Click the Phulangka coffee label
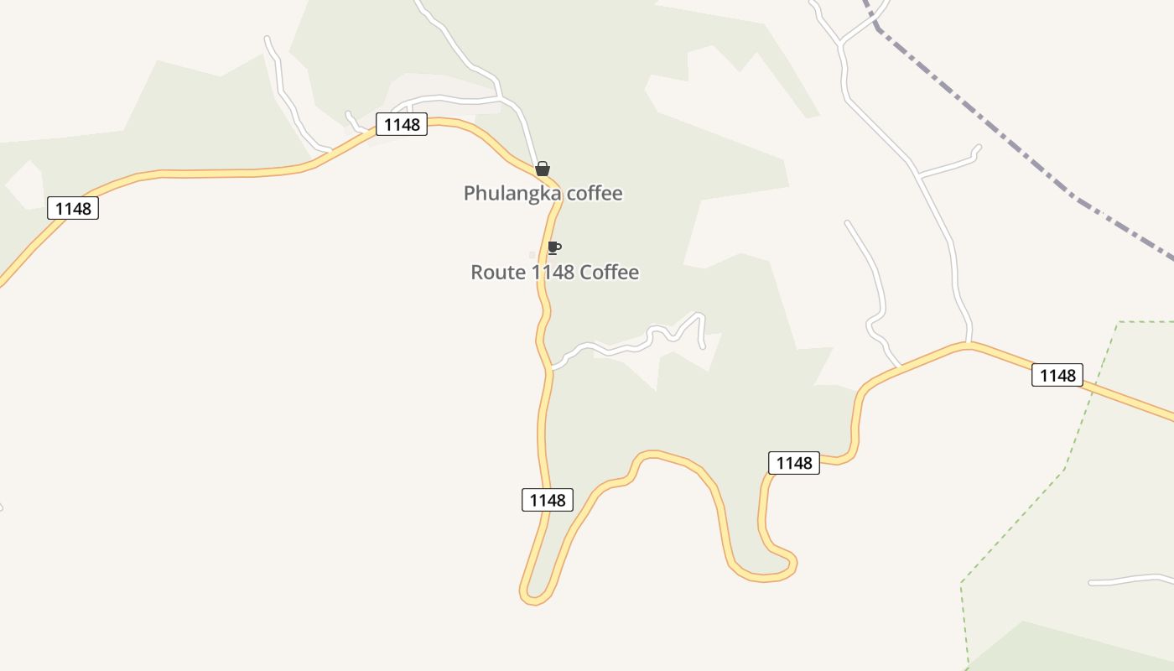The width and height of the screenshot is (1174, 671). (x=543, y=193)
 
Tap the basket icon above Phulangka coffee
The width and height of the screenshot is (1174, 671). (x=543, y=169)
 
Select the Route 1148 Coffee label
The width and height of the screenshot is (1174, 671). (x=554, y=272)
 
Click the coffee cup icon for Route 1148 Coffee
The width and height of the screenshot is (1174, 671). (x=553, y=247)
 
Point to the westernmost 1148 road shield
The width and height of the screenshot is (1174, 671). (x=73, y=208)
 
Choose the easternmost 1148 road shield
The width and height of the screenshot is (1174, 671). (x=1057, y=375)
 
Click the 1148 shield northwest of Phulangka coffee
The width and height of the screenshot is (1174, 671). (x=402, y=124)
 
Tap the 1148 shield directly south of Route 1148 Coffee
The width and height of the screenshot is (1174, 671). (x=548, y=500)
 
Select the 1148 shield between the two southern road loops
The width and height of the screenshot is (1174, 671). (x=793, y=462)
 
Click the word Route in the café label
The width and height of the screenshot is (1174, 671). (x=500, y=272)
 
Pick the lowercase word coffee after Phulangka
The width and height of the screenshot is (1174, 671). (x=595, y=193)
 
